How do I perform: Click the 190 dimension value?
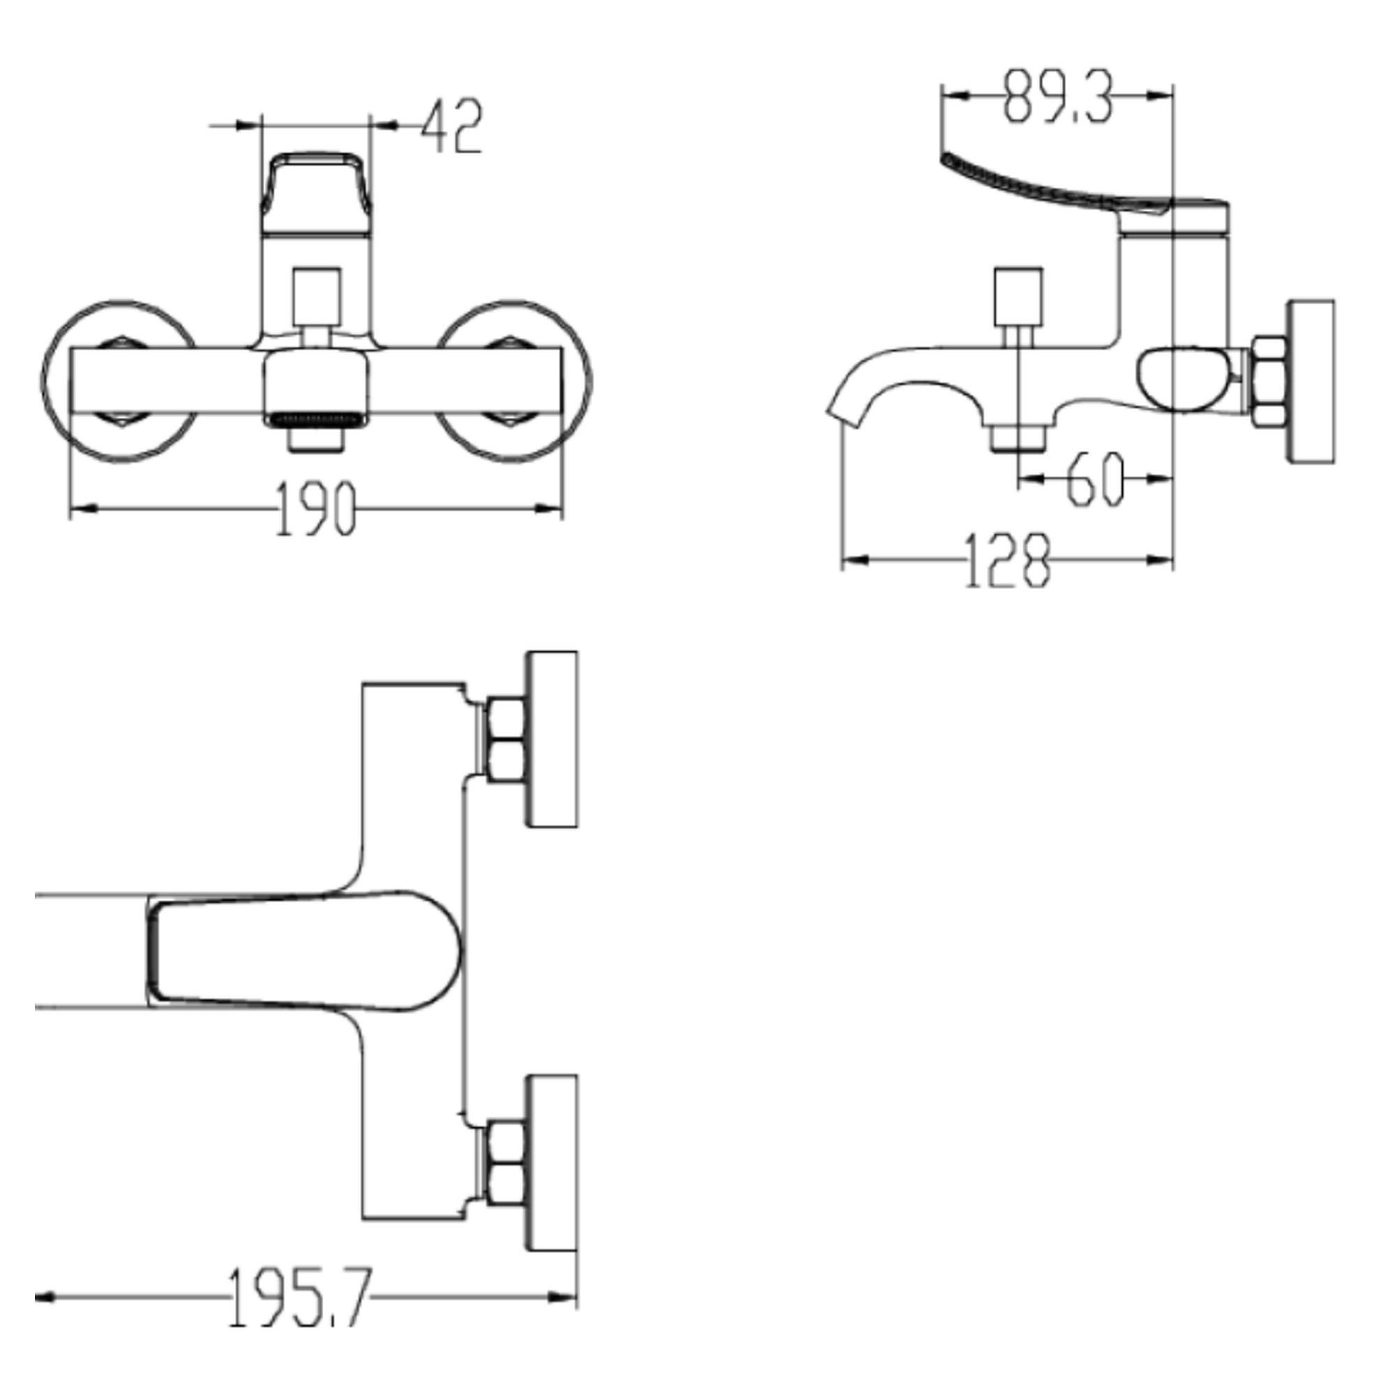[316, 508]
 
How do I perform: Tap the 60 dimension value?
[1095, 478]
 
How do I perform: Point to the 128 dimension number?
[1007, 560]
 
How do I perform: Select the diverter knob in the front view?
[316, 297]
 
